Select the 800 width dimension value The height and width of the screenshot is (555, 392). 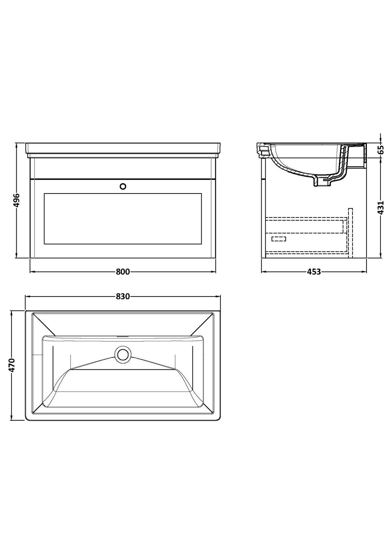[x=123, y=272]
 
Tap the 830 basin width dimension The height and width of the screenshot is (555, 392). [x=123, y=296]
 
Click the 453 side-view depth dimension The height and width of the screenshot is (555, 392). [x=314, y=272]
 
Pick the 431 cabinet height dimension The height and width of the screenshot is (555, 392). [x=381, y=207]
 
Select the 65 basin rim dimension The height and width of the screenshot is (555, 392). [x=381, y=150]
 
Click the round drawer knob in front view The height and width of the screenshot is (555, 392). [x=123, y=186]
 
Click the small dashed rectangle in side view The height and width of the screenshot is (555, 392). [x=279, y=239]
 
